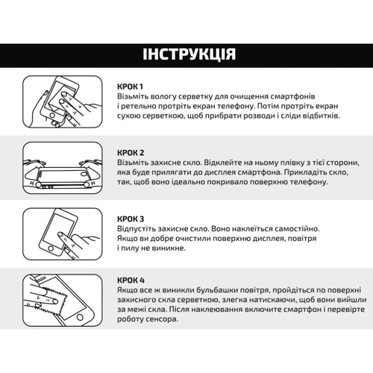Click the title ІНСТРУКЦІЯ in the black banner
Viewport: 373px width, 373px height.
[189, 54]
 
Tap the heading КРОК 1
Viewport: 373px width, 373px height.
[130, 87]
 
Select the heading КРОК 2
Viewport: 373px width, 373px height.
[131, 153]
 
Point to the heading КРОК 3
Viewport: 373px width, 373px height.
[131, 219]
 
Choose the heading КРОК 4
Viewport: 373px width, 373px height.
[131, 280]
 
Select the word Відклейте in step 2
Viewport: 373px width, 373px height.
[223, 163]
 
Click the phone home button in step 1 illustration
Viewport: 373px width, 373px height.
[52, 116]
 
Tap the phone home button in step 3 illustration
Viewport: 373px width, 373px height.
[51, 248]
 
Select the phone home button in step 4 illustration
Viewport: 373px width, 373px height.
[80, 317]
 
